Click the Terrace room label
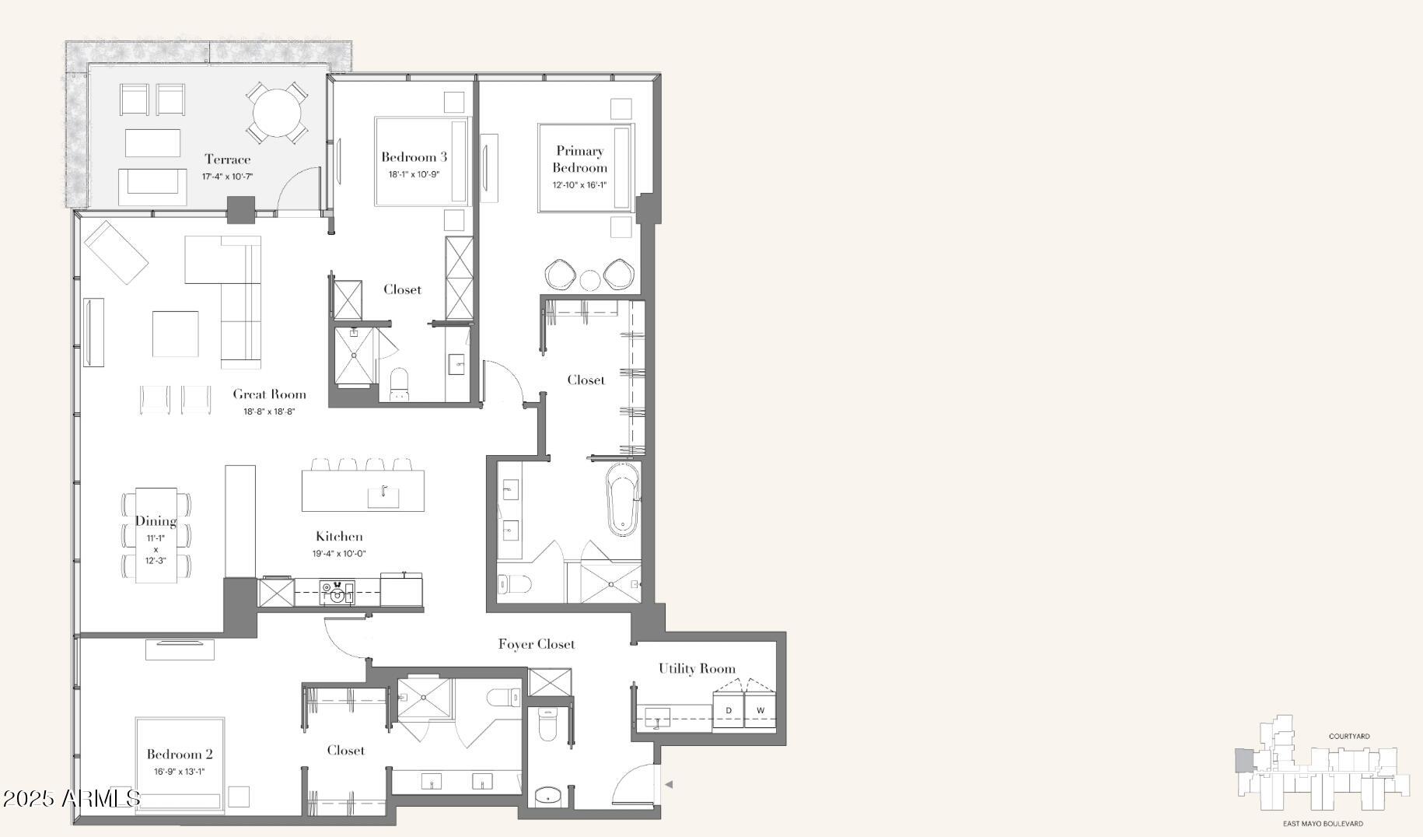click(227, 159)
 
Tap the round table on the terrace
click(277, 113)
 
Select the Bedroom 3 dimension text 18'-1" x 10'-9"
click(414, 174)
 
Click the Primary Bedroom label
click(580, 159)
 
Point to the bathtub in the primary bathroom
click(622, 499)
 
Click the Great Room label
click(269, 394)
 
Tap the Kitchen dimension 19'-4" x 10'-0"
click(339, 554)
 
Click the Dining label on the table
click(156, 521)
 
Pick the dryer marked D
click(729, 710)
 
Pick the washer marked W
click(760, 710)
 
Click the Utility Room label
click(697, 668)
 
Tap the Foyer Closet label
click(537, 644)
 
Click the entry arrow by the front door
click(668, 784)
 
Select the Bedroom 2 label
click(180, 754)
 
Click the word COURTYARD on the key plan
click(1349, 736)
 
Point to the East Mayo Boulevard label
click(1323, 824)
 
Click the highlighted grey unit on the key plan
click(1244, 759)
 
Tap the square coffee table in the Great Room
click(175, 334)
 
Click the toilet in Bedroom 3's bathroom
click(399, 383)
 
